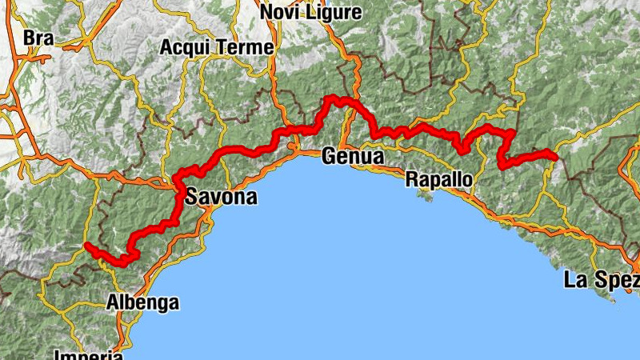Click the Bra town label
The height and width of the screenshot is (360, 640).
click(38, 38)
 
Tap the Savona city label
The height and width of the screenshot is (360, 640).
click(222, 196)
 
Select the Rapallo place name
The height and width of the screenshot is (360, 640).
click(438, 178)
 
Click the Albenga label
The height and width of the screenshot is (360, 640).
click(143, 302)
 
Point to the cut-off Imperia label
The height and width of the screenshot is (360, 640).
click(89, 354)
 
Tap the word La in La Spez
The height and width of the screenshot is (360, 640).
click(576, 280)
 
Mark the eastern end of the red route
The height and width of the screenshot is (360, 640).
click(554, 154)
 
